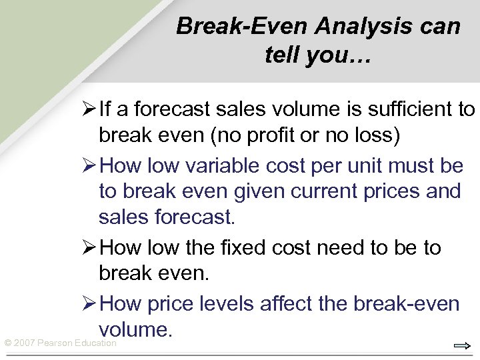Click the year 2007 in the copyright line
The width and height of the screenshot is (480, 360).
point(25,343)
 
